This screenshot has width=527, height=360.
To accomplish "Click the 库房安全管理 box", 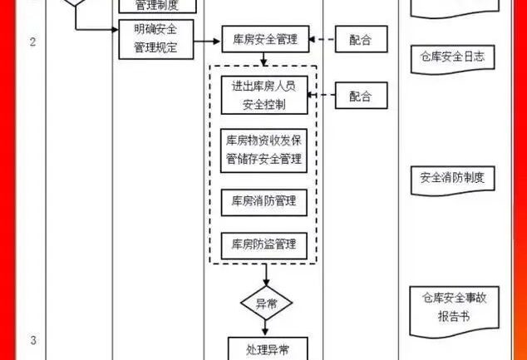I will coord(264,39).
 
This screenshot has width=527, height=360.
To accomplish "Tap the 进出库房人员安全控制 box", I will coord(264,96).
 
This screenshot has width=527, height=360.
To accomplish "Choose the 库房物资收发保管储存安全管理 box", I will coord(264,150).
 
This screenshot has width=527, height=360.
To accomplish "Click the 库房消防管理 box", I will coord(264,201).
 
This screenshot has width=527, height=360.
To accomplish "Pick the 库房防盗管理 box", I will coord(264,244).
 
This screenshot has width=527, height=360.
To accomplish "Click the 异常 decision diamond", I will coord(266,303).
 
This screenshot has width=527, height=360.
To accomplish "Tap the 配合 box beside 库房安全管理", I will coord(362,39).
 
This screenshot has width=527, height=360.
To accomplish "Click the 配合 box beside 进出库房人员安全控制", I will coord(362,96).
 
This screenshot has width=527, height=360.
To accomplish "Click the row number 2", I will coord(33,42).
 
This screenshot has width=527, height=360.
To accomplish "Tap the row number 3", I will coord(33,340).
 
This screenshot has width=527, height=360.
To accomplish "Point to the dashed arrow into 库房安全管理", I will coord(322,39).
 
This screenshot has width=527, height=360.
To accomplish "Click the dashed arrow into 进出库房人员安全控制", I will coord(322,96).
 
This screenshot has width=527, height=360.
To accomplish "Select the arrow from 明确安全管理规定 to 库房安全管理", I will coord(207,39).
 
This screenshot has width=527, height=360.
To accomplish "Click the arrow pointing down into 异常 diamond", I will coord(266,274).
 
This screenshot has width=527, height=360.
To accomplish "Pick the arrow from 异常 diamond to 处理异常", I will coord(266,328).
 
